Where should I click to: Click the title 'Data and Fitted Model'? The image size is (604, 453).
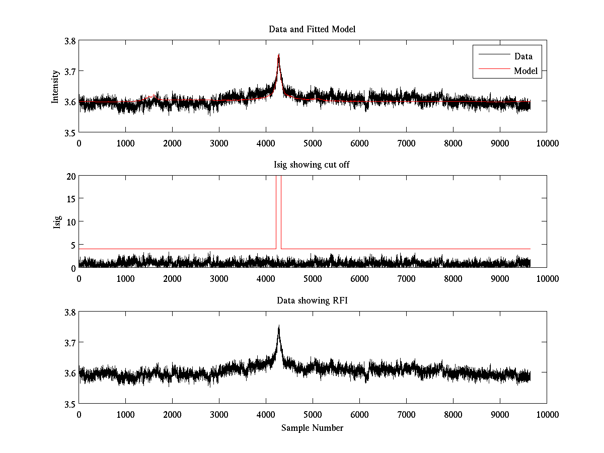pyautogui.click(x=312, y=29)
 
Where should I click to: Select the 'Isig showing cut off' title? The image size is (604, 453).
pyautogui.click(x=312, y=165)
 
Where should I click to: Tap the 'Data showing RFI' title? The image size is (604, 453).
pyautogui.click(x=312, y=300)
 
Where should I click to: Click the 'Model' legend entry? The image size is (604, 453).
pyautogui.click(x=525, y=71)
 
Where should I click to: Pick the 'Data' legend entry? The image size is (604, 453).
pyautogui.click(x=523, y=56)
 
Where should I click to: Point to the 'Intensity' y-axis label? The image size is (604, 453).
pyautogui.click(x=56, y=87)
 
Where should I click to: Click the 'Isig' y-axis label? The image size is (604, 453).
pyautogui.click(x=57, y=222)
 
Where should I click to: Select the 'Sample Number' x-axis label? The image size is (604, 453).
pyautogui.click(x=312, y=428)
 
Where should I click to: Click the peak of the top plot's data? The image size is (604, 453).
pyautogui.click(x=278, y=54)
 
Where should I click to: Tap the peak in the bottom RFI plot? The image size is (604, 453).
pyautogui.click(x=278, y=326)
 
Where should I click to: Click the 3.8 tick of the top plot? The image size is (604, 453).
pyautogui.click(x=69, y=41)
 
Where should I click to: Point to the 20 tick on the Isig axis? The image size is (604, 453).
pyautogui.click(x=70, y=176)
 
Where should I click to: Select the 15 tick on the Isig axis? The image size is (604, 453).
pyautogui.click(x=70, y=199)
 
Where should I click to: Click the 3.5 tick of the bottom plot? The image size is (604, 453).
pyautogui.click(x=69, y=404)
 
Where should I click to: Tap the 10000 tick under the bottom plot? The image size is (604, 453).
pyautogui.click(x=547, y=414)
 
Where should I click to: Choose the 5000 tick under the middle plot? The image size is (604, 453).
pyautogui.click(x=313, y=278)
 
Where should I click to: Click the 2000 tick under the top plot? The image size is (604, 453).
pyautogui.click(x=172, y=143)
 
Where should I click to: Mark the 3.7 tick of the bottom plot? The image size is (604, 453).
pyautogui.click(x=69, y=342)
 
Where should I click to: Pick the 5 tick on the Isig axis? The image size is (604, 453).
pyautogui.click(x=73, y=245)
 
